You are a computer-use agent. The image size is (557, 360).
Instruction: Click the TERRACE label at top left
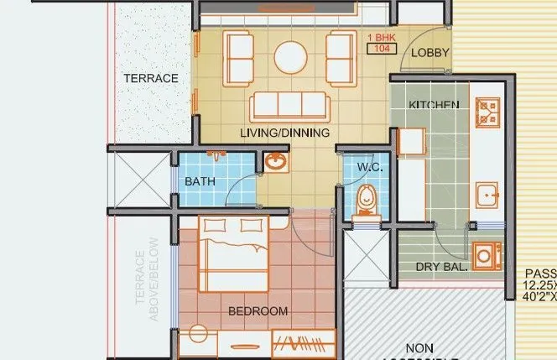click(x=151, y=78)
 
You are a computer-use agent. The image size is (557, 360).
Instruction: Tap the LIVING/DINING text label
click(x=284, y=133)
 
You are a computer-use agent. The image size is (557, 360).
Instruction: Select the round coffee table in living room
click(x=290, y=57)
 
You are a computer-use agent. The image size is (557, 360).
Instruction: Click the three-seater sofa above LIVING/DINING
click(x=288, y=106)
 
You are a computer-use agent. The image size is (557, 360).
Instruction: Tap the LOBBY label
click(x=430, y=53)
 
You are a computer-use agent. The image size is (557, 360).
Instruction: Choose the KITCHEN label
click(x=433, y=105)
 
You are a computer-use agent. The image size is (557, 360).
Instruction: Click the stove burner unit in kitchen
click(x=487, y=112)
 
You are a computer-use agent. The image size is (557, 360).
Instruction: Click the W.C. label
click(x=370, y=167)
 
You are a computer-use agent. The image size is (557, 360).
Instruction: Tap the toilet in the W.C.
click(x=367, y=202)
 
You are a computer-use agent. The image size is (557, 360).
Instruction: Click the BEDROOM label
click(x=258, y=311)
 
